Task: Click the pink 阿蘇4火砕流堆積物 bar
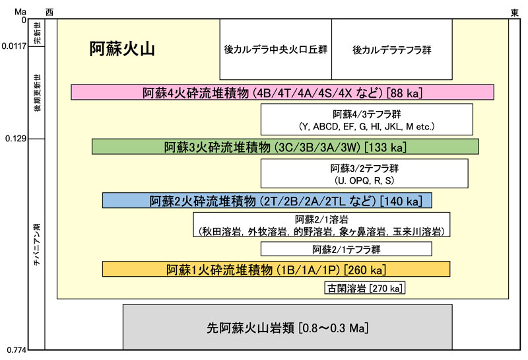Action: coord(282,92)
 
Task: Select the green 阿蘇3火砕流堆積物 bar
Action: coord(285,146)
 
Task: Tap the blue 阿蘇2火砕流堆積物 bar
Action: coord(267,200)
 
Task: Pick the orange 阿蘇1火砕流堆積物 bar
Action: coord(276,269)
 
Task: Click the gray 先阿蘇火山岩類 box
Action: coord(287,327)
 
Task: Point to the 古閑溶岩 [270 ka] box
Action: coord(365,288)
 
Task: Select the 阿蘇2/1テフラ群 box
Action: coord(346,249)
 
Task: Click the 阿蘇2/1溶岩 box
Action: coord(321,225)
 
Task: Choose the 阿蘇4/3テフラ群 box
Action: coord(367,119)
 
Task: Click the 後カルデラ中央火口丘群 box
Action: coord(275,50)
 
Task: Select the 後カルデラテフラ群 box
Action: coord(391,50)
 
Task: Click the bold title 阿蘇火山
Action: coord(122,50)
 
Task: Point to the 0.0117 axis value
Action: coord(13,46)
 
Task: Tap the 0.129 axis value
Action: coord(16,139)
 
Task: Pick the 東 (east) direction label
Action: coord(514,13)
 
